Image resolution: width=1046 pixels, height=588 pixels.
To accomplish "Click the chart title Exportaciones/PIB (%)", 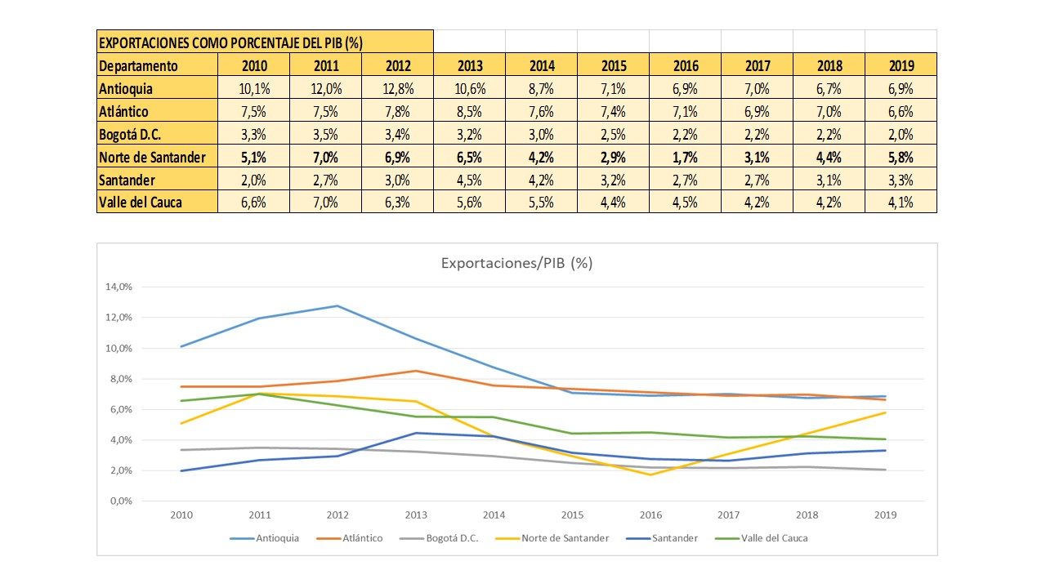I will (516, 263).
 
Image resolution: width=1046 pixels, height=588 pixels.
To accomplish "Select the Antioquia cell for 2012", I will (398, 88).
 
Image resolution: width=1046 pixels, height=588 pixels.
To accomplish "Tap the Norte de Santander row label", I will (153, 157).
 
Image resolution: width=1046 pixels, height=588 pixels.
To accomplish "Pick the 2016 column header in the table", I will (686, 66).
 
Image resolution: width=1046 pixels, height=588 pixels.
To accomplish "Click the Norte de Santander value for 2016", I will (686, 157).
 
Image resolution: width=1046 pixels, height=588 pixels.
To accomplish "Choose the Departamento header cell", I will (138, 66).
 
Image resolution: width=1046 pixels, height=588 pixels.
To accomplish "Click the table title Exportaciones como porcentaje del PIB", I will (230, 42).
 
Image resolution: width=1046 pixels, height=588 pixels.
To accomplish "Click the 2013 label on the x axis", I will (417, 515).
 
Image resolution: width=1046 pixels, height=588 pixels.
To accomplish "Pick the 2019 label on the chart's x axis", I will (885, 515).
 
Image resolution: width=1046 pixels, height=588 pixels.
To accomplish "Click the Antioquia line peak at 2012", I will (338, 306).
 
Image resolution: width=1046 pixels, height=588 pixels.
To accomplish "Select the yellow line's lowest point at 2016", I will (650, 474).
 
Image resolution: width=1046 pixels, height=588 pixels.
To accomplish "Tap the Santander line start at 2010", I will (182, 470).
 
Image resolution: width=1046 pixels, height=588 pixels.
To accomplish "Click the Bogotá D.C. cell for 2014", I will (542, 134).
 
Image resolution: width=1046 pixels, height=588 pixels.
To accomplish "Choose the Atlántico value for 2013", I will (470, 111).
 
